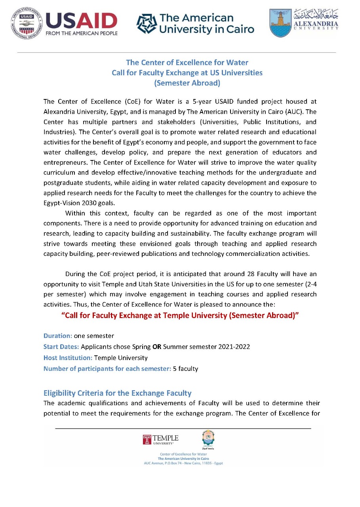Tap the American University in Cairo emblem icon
click(147, 23)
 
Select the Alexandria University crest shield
click(280, 23)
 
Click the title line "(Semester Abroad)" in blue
click(187, 83)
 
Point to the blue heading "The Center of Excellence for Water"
click(187, 63)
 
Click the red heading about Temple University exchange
click(180, 317)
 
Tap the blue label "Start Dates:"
click(61, 347)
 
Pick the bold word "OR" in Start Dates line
click(157, 347)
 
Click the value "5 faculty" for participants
click(185, 369)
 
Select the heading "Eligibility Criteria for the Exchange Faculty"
click(117, 393)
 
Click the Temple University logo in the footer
click(161, 440)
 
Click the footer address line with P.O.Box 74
click(183, 463)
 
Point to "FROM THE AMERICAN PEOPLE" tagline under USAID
click(82, 33)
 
